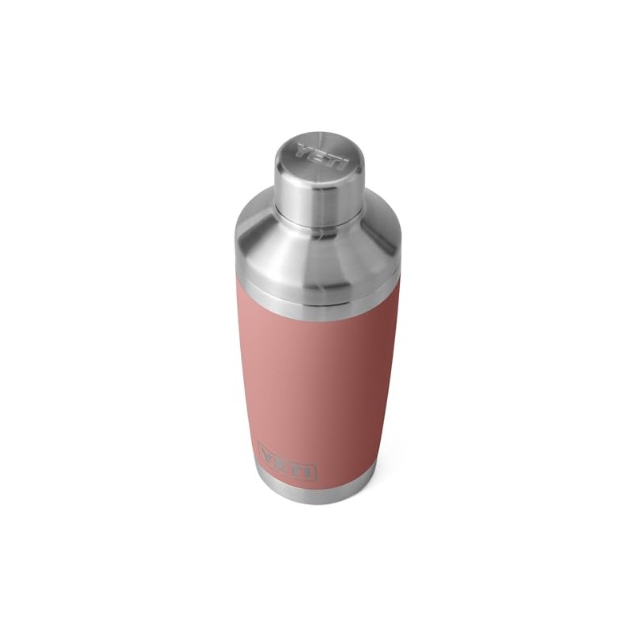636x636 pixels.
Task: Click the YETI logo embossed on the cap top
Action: click(x=322, y=157)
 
